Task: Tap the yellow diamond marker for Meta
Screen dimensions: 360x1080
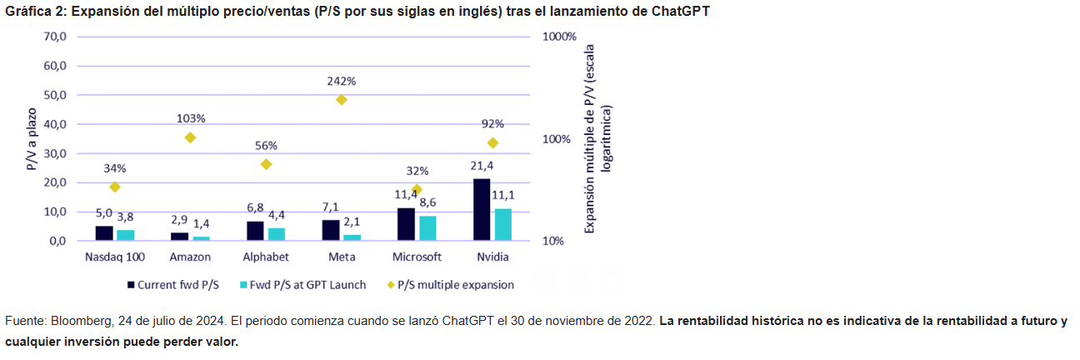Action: click(341, 100)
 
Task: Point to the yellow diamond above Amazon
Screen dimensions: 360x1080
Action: click(190, 137)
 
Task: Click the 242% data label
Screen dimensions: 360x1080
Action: click(342, 82)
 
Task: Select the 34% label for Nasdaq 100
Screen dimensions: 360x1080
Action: click(115, 168)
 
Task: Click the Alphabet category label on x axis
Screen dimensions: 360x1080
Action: click(265, 257)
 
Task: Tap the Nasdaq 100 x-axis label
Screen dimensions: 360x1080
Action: click(114, 257)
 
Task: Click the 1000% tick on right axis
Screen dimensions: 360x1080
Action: click(558, 37)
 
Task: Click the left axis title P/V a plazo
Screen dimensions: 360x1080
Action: click(31, 139)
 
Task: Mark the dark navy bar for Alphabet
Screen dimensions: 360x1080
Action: click(255, 231)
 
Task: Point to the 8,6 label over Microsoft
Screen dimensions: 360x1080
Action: click(427, 202)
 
